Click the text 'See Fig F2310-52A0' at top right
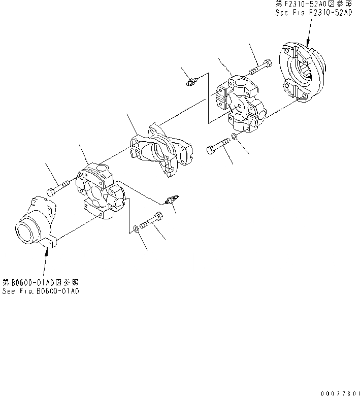click(x=313, y=12)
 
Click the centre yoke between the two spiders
click(x=161, y=147)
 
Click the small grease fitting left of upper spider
click(x=191, y=80)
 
